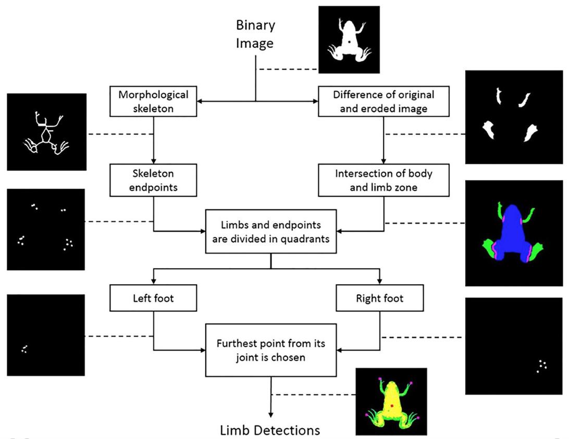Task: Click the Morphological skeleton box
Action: click(153, 102)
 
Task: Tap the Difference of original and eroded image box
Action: click(384, 102)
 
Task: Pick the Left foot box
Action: click(153, 299)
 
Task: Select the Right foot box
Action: click(380, 299)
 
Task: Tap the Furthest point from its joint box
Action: click(270, 350)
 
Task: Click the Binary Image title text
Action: click(255, 34)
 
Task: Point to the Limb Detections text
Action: click(270, 430)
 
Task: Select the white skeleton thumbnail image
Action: click(46, 132)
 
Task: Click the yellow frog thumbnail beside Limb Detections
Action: click(391, 401)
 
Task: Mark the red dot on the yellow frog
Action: click(391, 404)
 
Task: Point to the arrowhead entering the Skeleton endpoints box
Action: click(153, 161)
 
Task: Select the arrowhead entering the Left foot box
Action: click(153, 282)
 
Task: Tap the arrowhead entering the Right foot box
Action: click(380, 282)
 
